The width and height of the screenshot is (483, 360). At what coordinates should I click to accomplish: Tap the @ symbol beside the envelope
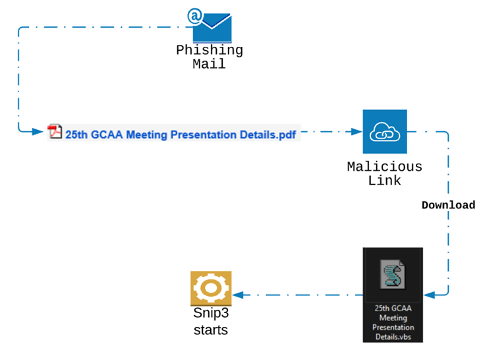pos(194,15)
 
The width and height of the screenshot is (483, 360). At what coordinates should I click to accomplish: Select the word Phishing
pos(209,51)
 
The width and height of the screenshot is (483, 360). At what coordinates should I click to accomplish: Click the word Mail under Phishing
pos(209,64)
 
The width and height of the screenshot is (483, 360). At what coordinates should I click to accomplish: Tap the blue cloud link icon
pos(385,132)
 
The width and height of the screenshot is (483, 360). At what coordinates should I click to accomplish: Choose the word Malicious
pos(385,167)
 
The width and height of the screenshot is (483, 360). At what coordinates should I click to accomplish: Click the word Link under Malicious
pos(385,180)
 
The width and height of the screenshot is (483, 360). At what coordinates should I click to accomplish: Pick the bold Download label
pos(448,205)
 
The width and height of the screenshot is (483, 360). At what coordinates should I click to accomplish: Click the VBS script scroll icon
pos(393,276)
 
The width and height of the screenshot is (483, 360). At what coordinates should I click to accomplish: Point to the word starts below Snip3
pos(211,330)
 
